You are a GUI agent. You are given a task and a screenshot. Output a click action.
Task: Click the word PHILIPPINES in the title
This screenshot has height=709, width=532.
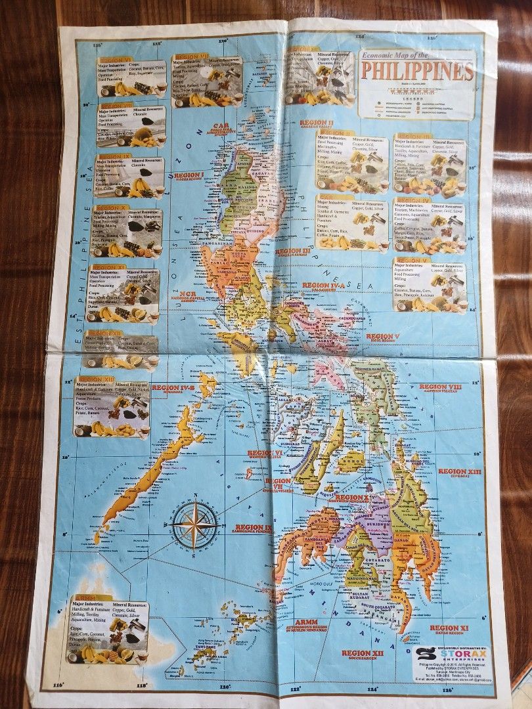tap(418, 71)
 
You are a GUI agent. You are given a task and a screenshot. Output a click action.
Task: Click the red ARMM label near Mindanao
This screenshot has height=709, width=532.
tap(307, 621)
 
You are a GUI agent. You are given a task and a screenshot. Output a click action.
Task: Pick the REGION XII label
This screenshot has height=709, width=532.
tap(360, 653)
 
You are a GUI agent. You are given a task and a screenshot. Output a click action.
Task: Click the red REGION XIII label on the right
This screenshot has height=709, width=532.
tap(460, 471)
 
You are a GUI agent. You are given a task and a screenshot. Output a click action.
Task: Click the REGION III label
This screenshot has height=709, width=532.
tap(292, 251)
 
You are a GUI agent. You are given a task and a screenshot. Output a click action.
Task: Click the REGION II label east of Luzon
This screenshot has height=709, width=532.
tap(317, 123)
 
